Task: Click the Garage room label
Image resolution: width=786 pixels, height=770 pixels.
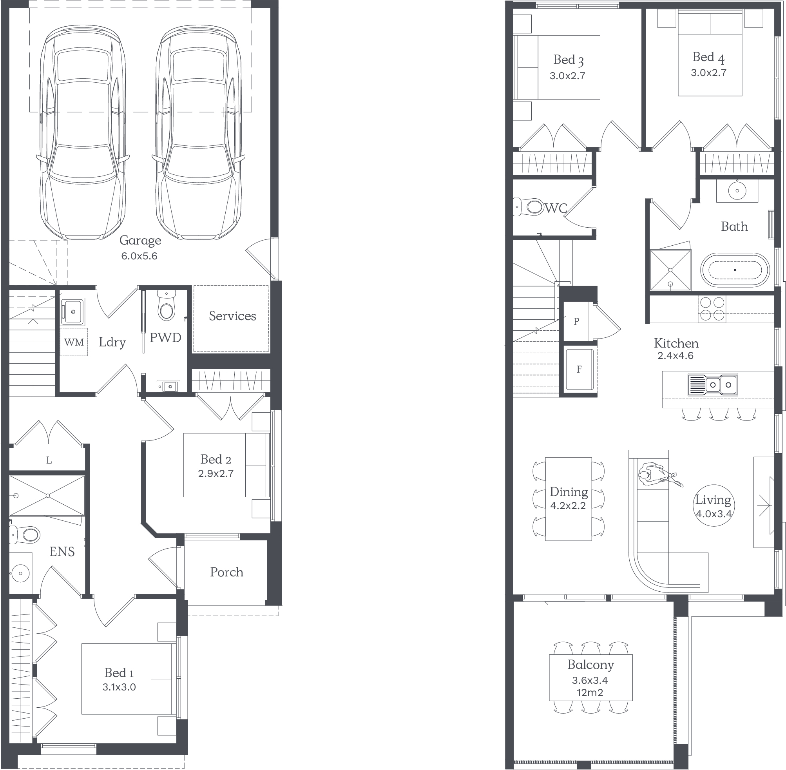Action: click(x=140, y=241)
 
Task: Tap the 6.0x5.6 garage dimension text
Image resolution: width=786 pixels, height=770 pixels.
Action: click(x=139, y=256)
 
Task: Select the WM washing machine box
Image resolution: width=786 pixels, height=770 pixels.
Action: click(x=74, y=342)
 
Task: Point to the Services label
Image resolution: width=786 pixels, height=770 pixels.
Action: click(x=232, y=316)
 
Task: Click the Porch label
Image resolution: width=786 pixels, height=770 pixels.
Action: click(x=226, y=572)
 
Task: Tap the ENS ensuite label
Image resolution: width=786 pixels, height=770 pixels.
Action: click(x=62, y=552)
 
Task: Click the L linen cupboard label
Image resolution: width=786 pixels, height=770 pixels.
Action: click(x=49, y=460)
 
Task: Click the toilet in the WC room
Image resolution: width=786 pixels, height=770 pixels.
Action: click(x=529, y=207)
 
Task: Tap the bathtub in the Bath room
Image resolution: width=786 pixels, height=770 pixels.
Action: click(x=735, y=270)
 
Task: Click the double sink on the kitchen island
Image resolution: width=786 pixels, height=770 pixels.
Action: click(x=713, y=384)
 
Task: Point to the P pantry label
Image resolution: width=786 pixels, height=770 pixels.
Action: click(x=576, y=321)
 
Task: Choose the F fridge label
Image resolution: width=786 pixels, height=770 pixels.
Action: click(x=579, y=369)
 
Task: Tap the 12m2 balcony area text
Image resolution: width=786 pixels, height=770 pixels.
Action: click(x=590, y=693)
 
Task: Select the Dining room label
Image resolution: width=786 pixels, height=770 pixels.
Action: click(x=569, y=492)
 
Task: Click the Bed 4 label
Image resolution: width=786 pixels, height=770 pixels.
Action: click(x=708, y=58)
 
